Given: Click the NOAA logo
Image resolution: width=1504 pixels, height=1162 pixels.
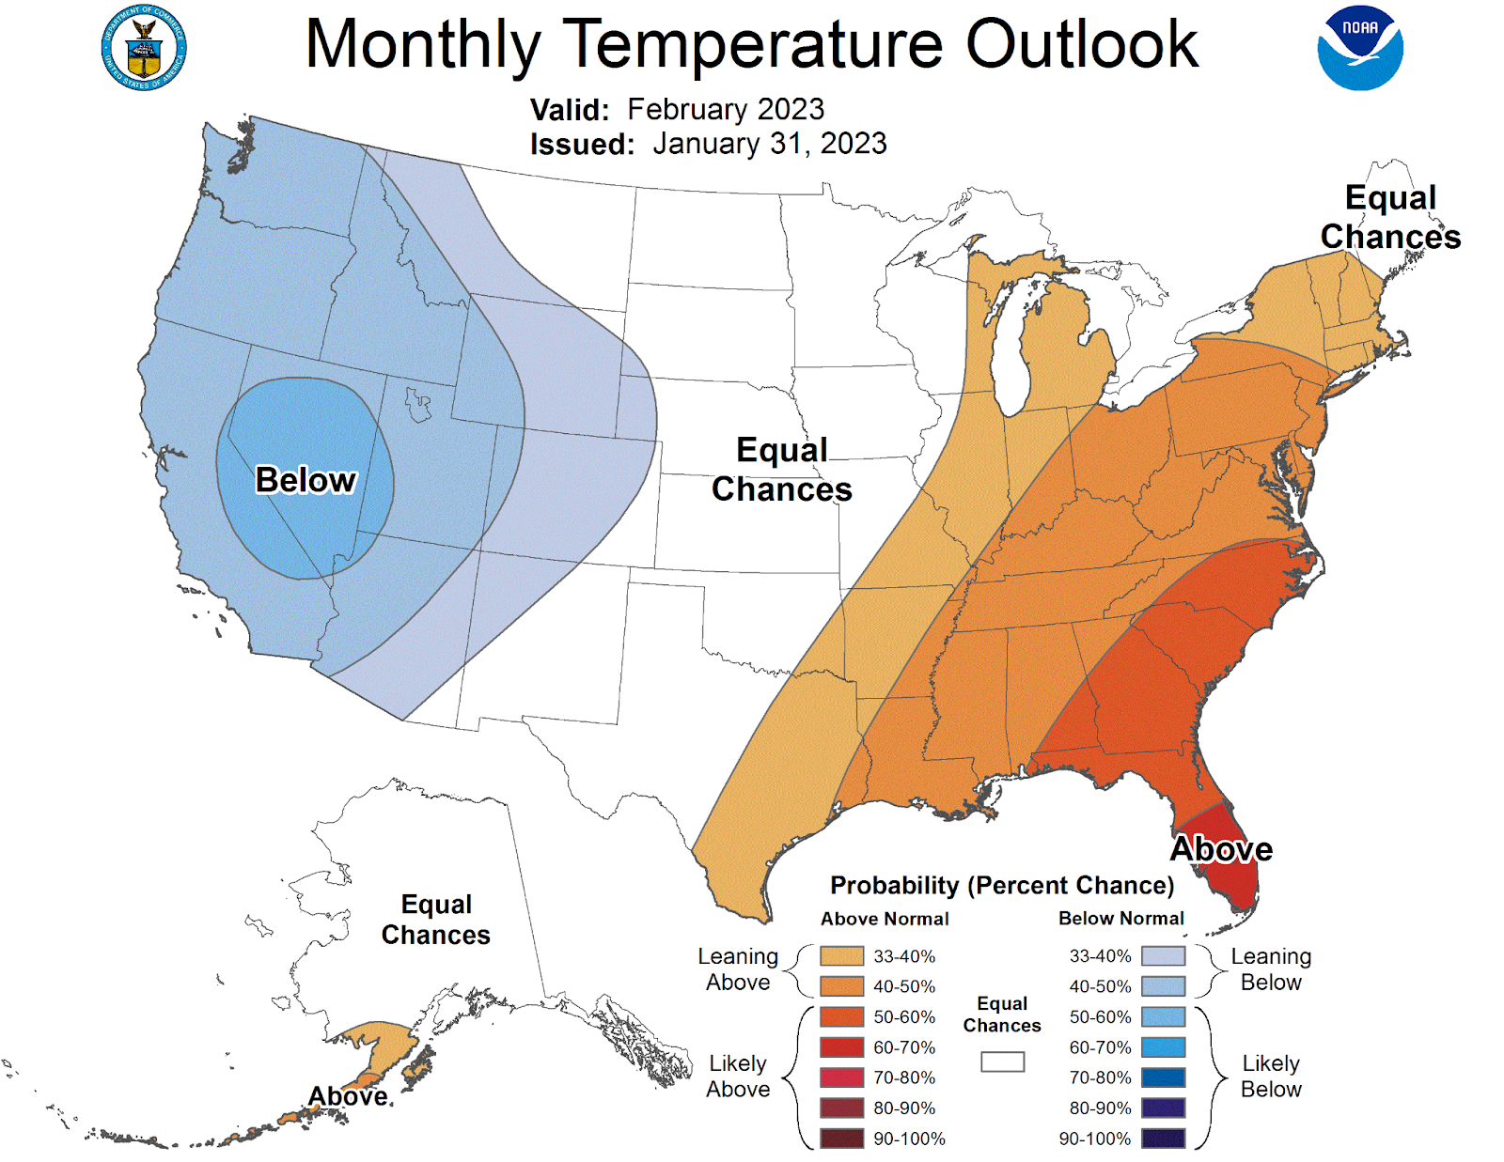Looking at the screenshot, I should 1359,48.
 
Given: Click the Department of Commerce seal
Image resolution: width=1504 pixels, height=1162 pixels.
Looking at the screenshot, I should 144,48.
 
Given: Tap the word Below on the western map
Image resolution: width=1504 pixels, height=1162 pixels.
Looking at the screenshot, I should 305,480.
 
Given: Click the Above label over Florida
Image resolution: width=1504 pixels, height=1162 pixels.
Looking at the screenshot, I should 1221,849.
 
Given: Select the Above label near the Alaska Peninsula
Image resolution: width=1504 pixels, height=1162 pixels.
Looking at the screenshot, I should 348,1096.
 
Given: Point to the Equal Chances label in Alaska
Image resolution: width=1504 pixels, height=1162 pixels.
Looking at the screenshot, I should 436,920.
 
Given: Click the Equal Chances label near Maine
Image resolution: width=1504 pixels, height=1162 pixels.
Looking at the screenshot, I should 1390,217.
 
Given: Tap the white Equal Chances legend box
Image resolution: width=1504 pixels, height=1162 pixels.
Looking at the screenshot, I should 1002,1061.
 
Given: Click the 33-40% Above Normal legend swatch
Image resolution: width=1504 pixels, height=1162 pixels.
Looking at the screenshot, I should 841,956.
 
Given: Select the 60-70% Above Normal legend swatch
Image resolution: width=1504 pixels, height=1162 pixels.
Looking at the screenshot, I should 841,1047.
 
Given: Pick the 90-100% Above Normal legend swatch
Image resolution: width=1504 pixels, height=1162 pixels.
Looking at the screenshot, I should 841,1139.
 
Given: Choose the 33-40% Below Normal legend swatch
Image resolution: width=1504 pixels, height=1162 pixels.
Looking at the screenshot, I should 1163,956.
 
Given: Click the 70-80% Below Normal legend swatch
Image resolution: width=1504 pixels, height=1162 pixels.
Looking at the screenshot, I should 1163,1077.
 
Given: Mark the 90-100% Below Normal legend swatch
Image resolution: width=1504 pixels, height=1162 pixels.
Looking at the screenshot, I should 1163,1139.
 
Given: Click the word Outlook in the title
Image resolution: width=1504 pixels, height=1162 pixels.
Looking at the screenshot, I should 1082,44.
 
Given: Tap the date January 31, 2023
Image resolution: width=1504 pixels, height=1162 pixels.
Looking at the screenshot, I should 769,144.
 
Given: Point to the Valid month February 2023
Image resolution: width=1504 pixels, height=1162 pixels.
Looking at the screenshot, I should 725,109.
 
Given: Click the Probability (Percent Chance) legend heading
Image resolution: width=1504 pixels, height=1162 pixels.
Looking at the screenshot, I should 1002,885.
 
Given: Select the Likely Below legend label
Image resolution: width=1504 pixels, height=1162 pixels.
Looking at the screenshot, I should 1271,1077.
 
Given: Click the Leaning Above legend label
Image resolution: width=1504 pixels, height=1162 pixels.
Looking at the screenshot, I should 738,969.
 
